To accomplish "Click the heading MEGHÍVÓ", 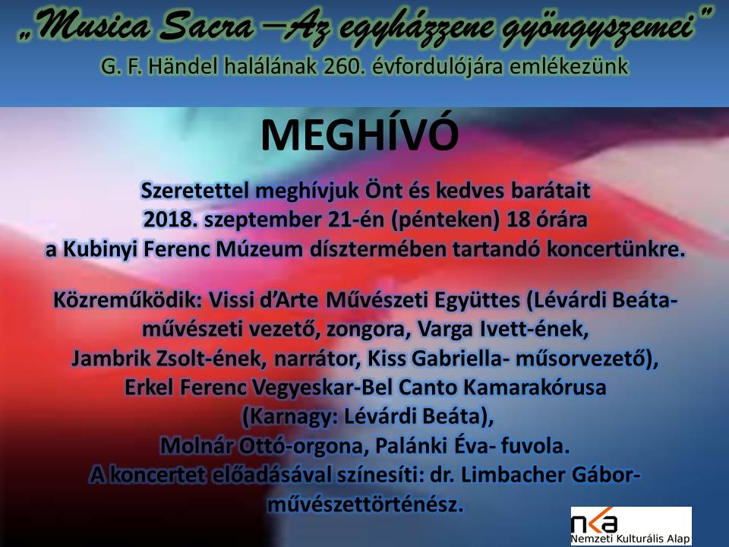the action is [x=359, y=135].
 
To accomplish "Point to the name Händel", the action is [x=183, y=67].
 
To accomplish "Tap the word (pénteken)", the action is [x=445, y=220].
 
